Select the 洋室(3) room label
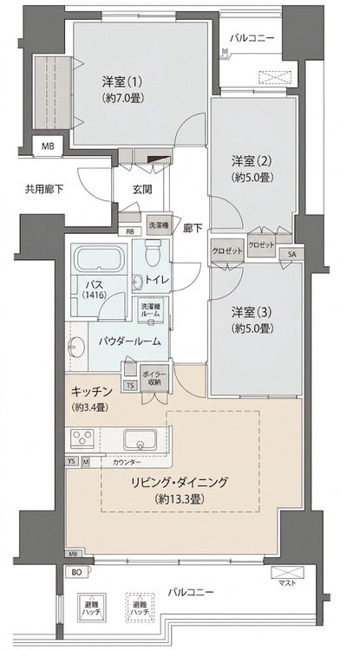coord(247,311)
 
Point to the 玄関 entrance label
coord(143,190)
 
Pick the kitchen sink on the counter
coord(140,438)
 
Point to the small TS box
coord(131,387)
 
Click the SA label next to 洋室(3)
coord(291,254)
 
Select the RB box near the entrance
coord(130,231)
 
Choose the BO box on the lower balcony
coord(77,573)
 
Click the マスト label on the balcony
coord(289,582)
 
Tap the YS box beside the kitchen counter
coord(72,461)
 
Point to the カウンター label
coord(127,463)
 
